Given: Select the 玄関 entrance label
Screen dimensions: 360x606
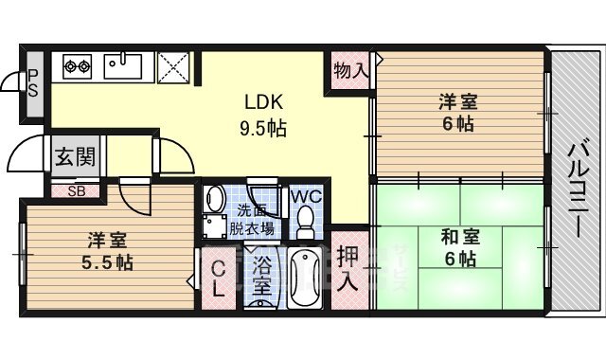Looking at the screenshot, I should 72,155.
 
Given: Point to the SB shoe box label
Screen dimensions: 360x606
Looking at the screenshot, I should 72,189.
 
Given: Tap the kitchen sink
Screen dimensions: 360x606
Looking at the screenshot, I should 123,66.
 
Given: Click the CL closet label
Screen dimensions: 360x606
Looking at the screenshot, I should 218,278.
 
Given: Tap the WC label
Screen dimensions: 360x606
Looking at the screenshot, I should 305,196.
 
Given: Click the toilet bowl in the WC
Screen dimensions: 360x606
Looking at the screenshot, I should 305,222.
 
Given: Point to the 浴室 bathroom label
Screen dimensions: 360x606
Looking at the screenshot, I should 258,276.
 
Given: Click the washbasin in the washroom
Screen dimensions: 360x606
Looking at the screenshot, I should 215,200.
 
